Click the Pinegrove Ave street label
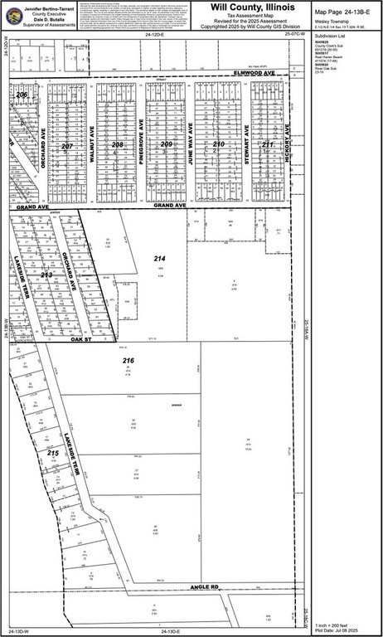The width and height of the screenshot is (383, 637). click(142, 143)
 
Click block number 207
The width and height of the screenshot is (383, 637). click(67, 146)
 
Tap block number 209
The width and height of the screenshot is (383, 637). click(167, 144)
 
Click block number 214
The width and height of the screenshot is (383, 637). click(159, 260)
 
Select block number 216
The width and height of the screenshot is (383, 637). click(128, 361)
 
